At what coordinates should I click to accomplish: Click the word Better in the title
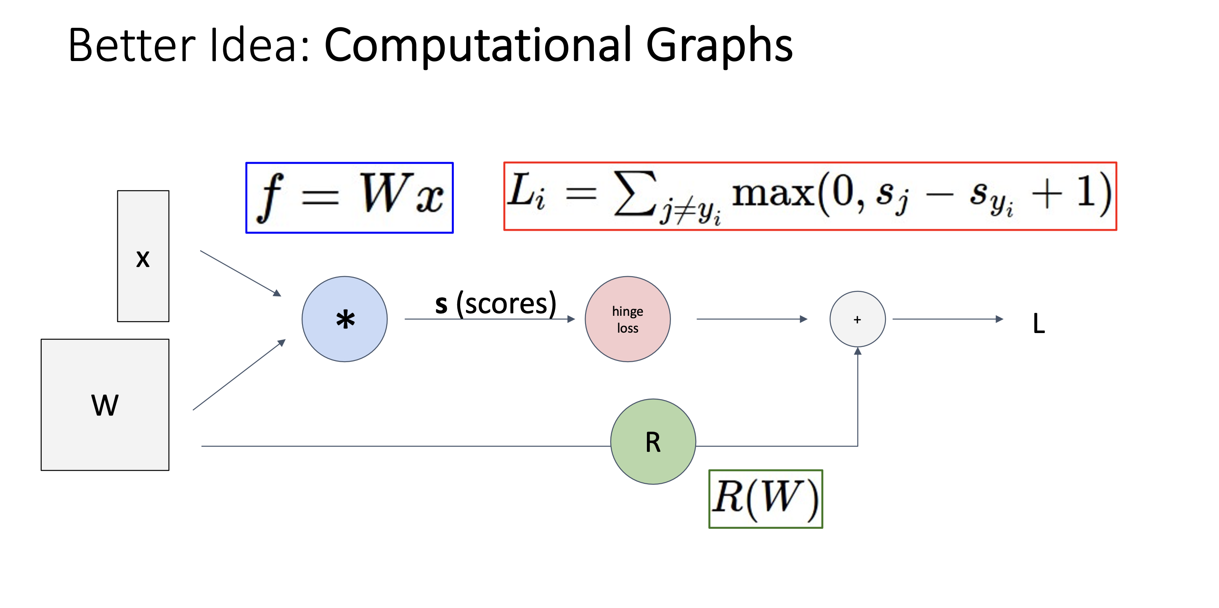(132, 45)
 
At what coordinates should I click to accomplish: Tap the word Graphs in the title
(719, 46)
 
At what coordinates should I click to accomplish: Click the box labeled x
(143, 256)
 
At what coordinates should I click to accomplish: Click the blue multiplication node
(344, 319)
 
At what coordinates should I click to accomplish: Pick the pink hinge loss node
(628, 319)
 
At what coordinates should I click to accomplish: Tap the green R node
(653, 441)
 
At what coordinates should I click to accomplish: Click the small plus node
(857, 319)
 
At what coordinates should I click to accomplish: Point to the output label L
(1039, 324)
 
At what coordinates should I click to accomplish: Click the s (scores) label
(496, 304)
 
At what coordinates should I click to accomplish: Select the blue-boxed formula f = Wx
(349, 197)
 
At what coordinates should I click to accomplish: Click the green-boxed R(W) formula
(765, 499)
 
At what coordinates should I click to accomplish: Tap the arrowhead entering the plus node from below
(857, 351)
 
